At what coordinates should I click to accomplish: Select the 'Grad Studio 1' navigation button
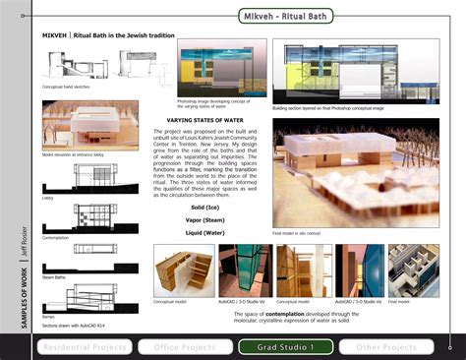point(285,346)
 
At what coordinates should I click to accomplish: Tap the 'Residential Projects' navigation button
point(84,346)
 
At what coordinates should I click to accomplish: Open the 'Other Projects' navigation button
point(385,346)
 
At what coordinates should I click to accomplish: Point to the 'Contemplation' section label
point(56,237)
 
